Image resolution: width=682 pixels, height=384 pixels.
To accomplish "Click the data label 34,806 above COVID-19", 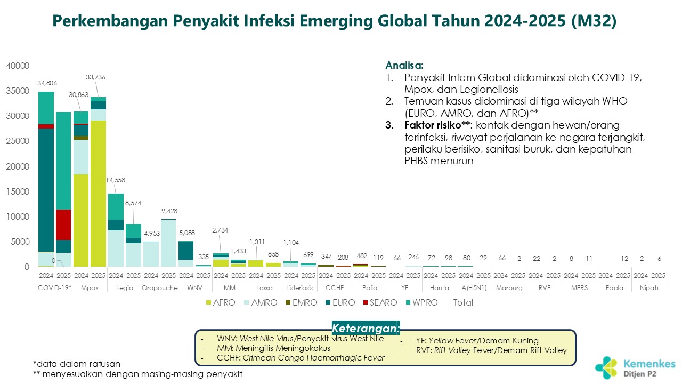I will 47,83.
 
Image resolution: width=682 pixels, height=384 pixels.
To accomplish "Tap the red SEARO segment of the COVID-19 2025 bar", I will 63,225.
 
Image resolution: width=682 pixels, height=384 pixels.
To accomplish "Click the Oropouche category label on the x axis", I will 159,289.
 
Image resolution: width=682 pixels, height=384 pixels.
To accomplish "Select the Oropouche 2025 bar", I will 168,243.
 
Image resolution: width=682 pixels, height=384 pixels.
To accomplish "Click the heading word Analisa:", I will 404,66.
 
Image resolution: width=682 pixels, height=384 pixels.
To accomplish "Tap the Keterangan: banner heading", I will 366,327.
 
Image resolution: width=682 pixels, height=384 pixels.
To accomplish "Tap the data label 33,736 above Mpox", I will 95,77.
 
